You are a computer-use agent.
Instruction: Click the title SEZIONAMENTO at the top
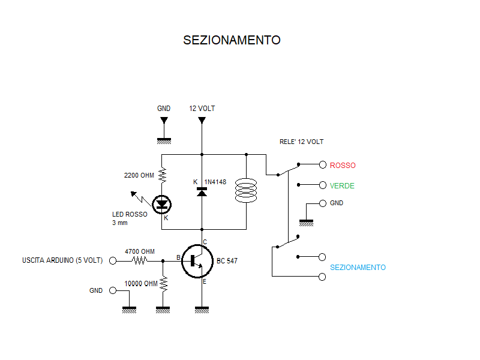point(232,40)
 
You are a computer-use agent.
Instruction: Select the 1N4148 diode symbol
point(202,192)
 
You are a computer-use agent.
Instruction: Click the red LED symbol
point(161,205)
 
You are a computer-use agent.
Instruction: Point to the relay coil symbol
point(246,190)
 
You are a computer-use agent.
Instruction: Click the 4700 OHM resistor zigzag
point(140,261)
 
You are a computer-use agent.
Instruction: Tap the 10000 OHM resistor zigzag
point(162,284)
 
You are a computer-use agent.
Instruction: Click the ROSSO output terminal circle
point(323,164)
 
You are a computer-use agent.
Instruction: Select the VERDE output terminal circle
point(323,185)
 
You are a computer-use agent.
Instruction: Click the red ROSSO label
point(343,165)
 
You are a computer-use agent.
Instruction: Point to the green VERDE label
point(342,186)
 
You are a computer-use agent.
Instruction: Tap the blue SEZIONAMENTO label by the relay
point(358,268)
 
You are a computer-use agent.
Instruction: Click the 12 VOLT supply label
point(202,109)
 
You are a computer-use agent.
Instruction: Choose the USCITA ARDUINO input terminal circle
point(112,261)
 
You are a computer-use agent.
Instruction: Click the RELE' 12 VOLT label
point(302,142)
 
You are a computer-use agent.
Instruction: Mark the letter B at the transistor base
point(178,257)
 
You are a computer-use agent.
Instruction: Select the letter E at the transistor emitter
point(205,282)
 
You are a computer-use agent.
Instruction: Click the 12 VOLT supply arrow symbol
point(202,121)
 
